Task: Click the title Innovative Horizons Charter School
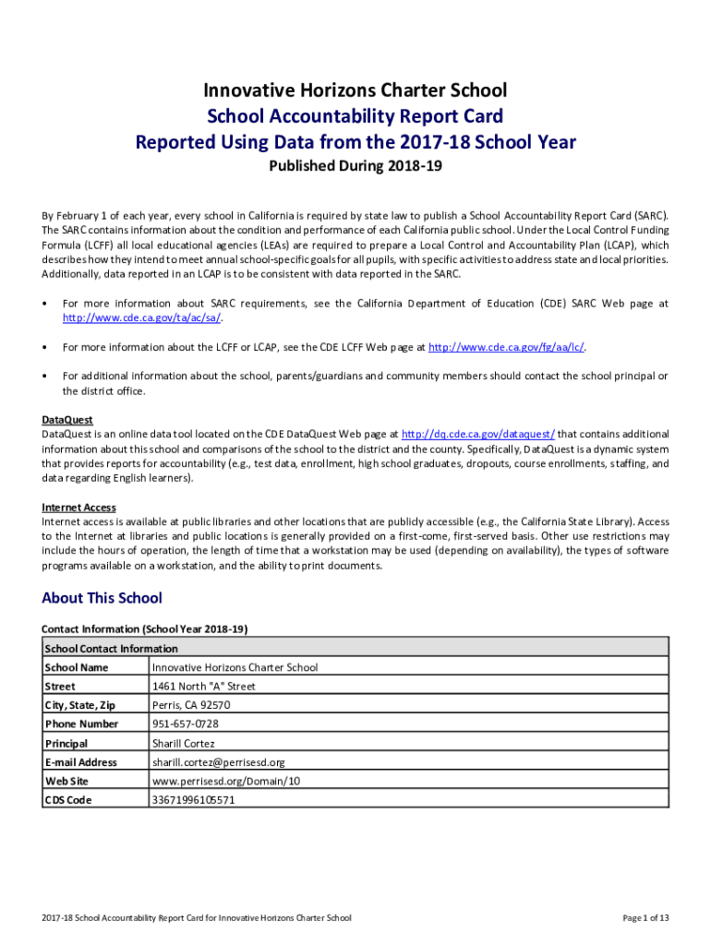pyautogui.click(x=355, y=90)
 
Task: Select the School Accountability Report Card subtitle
pyautogui.click(x=355, y=116)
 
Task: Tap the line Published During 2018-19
pyautogui.click(x=355, y=167)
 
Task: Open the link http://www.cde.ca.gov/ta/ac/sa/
pyautogui.click(x=142, y=318)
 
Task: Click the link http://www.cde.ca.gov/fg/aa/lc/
pyautogui.click(x=508, y=348)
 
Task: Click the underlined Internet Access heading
pyautogui.click(x=78, y=508)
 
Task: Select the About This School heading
pyautogui.click(x=102, y=598)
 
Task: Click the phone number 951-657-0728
pyautogui.click(x=186, y=724)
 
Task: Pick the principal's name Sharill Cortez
pyautogui.click(x=183, y=744)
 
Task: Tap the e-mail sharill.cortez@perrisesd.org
pyautogui.click(x=218, y=762)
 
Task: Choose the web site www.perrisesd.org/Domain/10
pyautogui.click(x=226, y=782)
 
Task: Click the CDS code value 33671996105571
pyautogui.click(x=193, y=800)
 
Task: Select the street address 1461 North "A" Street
pyautogui.click(x=203, y=687)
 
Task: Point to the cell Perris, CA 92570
pyautogui.click(x=191, y=705)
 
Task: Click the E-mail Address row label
pyautogui.click(x=80, y=762)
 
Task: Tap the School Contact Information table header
pyautogui.click(x=111, y=649)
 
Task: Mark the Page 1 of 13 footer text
pyautogui.click(x=645, y=918)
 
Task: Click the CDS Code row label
pyautogui.click(x=67, y=800)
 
